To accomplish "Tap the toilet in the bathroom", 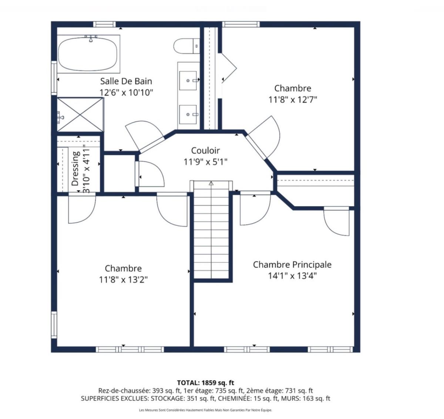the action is (x=186, y=46).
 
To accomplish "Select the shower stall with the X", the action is (x=80, y=114).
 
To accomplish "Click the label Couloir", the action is (x=205, y=150).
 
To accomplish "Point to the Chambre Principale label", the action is (x=292, y=265).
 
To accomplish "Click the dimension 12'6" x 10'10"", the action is (x=126, y=92).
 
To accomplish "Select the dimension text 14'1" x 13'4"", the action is (x=292, y=276).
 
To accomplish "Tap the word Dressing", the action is (x=75, y=169).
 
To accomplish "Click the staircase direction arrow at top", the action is (x=211, y=183).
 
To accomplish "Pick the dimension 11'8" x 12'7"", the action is (x=293, y=99).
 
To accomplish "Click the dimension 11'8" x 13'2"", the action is (x=124, y=279).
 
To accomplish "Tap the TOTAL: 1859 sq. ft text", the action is (x=205, y=383).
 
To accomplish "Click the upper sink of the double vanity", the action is (x=188, y=81).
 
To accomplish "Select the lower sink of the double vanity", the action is (x=188, y=114).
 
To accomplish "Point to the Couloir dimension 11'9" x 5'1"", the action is (x=205, y=162).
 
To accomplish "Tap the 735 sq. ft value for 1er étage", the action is (x=229, y=391).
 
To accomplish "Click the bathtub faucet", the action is (x=91, y=38).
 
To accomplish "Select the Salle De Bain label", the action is (x=126, y=81).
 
